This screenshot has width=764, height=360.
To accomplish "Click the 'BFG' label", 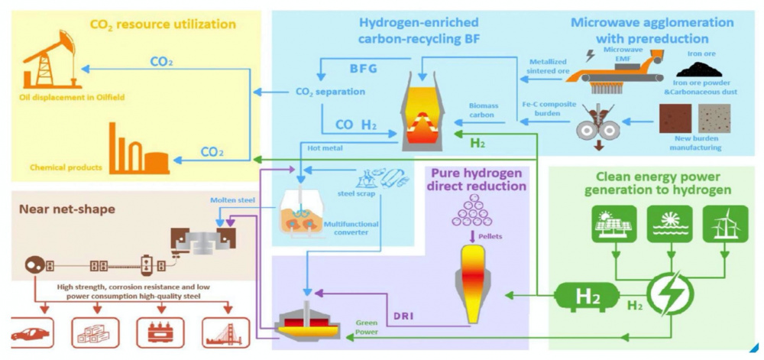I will tap(364, 70).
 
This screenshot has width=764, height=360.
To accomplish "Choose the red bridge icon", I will tap(225, 333).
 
